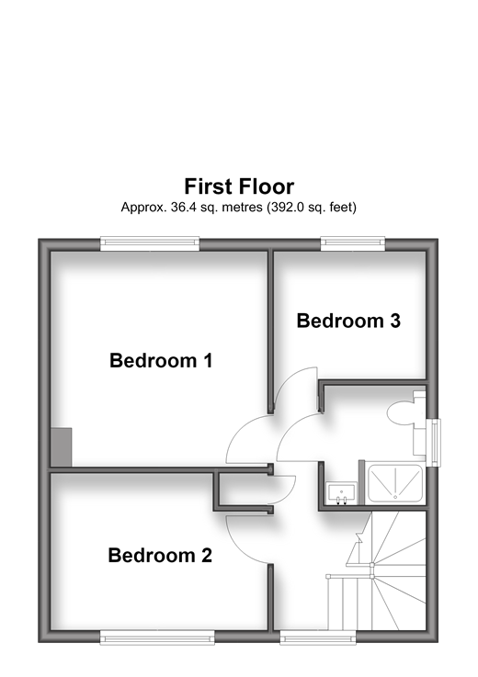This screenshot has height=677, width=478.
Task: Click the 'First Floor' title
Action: coord(239,186)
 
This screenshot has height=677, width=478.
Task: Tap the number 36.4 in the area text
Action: coord(181,208)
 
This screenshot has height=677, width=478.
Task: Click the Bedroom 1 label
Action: coord(161,360)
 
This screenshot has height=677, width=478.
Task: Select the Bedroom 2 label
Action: coord(160,555)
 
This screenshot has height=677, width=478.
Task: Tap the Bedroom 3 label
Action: coord(348,321)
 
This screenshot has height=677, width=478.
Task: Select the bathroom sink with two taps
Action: coord(342,493)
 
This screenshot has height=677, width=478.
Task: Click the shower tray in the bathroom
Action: coord(394,483)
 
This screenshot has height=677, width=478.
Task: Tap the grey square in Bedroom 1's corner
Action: coord(62,447)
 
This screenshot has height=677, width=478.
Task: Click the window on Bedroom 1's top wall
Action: coord(150,244)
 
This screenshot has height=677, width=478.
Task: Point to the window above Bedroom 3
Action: coord(353,244)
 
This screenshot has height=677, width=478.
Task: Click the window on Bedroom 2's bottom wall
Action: coord(157,638)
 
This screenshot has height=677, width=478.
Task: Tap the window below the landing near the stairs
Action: coord(318,638)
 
